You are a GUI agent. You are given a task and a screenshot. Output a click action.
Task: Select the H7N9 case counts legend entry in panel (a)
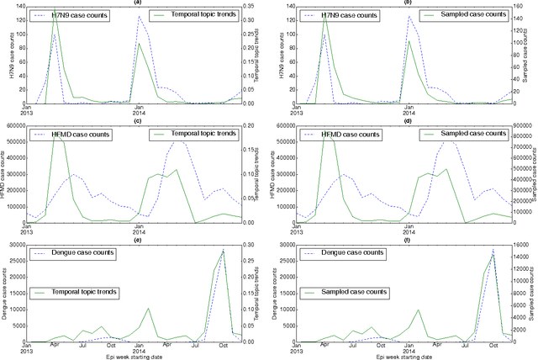(71, 16)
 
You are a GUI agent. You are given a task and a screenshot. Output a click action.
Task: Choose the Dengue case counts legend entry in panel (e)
(74, 253)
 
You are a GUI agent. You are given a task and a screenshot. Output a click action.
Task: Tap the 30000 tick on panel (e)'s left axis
(13, 245)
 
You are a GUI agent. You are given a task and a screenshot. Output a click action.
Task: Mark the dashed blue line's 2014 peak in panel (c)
(179, 140)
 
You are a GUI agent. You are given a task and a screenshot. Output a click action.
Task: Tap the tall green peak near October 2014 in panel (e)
(224, 251)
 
